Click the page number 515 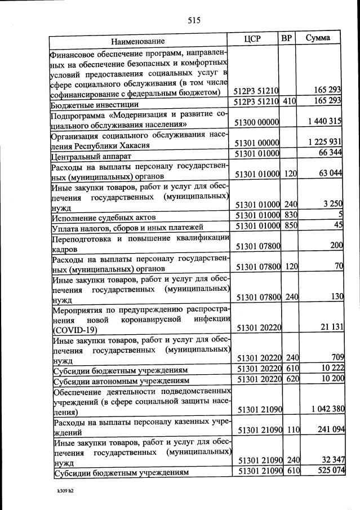(194, 21)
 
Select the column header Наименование (137, 41)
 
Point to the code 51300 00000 (257, 122)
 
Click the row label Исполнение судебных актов (104, 218)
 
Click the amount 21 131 (330, 327)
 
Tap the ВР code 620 (290, 379)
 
